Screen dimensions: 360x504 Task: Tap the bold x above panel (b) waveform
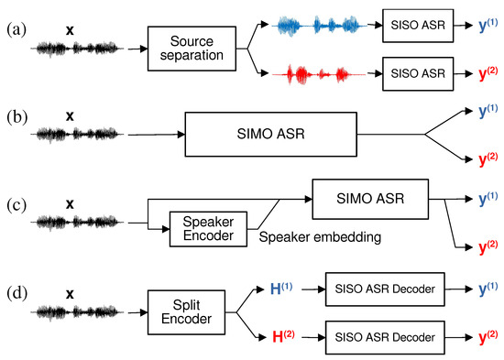[x=70, y=109]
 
